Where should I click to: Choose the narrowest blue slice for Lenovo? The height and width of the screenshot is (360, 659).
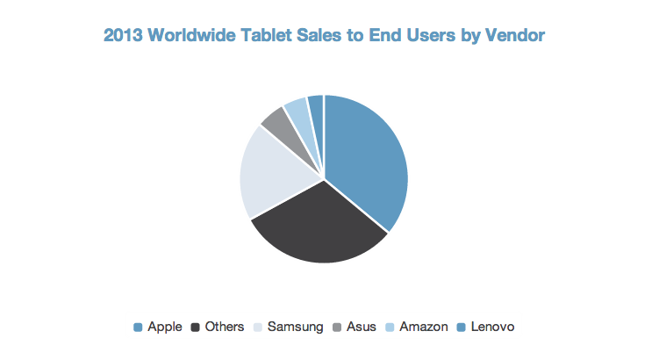[x=316, y=104]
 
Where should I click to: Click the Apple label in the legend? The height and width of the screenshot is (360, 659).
[x=165, y=327]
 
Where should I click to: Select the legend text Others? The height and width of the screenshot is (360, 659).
[x=225, y=327]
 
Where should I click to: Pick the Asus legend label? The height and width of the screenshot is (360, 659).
[x=362, y=327]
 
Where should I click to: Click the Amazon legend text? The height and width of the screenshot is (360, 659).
[x=423, y=327]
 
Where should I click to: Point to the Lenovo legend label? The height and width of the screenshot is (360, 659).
[x=492, y=327]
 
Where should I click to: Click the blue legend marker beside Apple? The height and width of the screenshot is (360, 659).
[x=138, y=328]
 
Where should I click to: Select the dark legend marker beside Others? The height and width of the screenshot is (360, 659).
[x=196, y=328]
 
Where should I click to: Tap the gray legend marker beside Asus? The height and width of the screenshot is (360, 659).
[x=339, y=328]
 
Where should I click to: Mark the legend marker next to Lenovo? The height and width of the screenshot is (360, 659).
[x=462, y=328]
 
